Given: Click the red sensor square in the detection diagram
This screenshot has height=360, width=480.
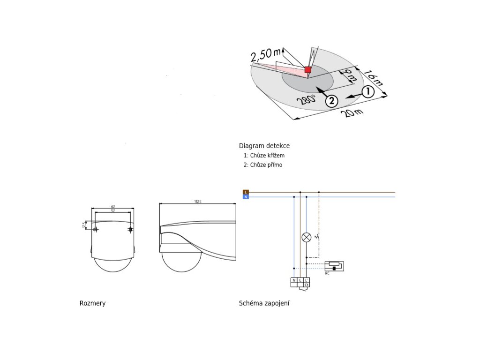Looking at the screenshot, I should [308, 70].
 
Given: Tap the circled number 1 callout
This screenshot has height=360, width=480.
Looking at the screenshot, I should [368, 92].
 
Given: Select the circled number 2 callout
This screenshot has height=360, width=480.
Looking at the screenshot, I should [331, 101].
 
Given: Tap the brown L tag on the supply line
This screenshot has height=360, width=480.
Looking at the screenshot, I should [246, 192].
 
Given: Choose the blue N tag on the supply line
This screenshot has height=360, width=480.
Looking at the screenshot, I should [246, 197].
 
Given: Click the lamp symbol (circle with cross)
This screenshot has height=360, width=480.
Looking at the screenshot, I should [306, 237].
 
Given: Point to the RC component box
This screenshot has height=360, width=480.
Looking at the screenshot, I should [334, 266].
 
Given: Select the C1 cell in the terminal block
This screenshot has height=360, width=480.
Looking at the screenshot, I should [306, 285].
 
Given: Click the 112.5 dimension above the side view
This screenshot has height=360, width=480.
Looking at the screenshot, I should [197, 202].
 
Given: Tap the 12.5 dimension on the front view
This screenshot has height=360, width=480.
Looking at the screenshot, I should [85, 225].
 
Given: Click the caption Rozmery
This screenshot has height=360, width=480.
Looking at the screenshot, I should [92, 303].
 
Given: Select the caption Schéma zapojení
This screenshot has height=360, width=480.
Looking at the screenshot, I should [264, 303].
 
